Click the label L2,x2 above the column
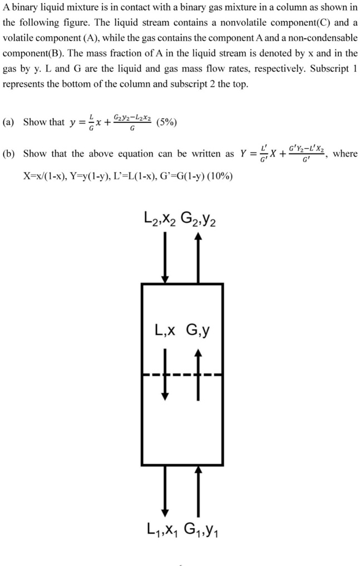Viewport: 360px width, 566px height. pos(160,219)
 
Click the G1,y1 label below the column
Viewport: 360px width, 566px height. pos(201,530)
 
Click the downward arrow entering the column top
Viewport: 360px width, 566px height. pos(165,257)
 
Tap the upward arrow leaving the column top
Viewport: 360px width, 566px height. pos(198,258)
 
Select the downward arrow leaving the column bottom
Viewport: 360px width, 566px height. pos(165,491)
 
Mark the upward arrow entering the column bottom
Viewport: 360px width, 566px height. pos(198,491)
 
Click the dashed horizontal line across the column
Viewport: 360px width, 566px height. pos(182,375)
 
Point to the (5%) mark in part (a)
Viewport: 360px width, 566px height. pos(167,122)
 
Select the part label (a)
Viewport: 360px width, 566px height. pos(8,122)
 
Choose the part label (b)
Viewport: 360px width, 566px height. pos(9,154)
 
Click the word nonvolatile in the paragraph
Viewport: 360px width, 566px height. pos(244,23)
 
